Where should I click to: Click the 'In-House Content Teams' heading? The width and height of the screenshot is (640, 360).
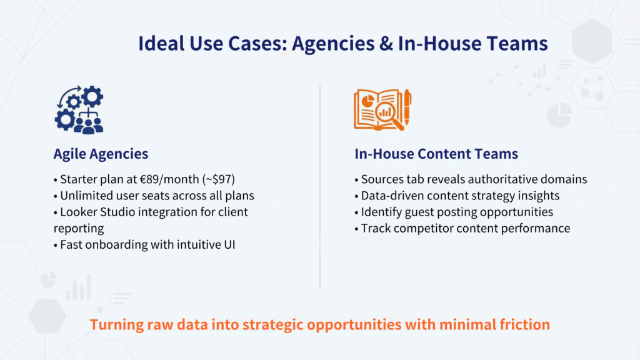coord(436,154)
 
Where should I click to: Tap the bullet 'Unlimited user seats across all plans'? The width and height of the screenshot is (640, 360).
coord(153,196)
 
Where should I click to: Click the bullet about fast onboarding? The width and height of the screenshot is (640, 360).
coord(149,244)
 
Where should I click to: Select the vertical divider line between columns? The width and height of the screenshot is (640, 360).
coord(320,187)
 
